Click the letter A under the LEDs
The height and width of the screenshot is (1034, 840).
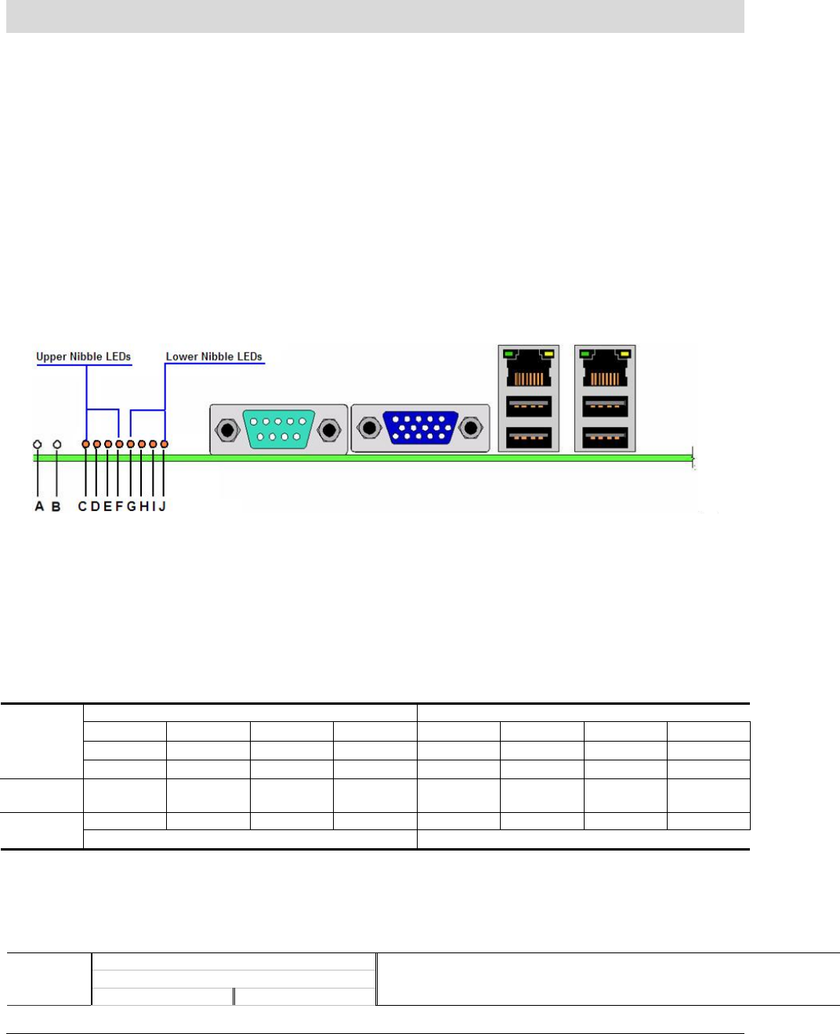click(39, 506)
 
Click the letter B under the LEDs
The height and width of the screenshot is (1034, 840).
click(56, 506)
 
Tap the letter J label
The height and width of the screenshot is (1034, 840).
click(162, 506)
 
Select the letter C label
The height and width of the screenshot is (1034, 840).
click(82, 506)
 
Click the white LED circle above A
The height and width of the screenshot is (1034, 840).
click(38, 444)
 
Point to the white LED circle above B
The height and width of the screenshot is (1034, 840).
click(56, 444)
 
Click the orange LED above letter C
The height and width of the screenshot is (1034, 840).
click(85, 444)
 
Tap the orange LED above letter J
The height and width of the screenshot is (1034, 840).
click(164, 444)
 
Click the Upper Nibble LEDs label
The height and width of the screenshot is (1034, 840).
click(83, 357)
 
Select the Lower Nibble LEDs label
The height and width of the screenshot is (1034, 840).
click(214, 357)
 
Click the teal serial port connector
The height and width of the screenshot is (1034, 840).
click(279, 430)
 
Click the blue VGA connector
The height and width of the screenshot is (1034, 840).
click(421, 428)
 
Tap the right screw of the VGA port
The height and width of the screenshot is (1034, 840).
click(471, 429)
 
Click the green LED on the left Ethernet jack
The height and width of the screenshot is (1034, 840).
click(509, 354)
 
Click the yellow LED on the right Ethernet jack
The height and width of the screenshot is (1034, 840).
click(624, 354)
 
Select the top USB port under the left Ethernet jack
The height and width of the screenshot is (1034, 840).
click(529, 406)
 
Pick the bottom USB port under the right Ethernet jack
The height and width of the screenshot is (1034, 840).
click(605, 437)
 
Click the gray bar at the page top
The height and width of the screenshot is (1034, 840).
click(375, 16)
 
